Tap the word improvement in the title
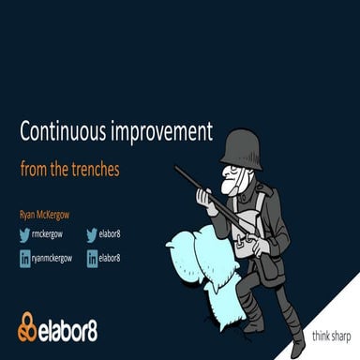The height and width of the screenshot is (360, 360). (x=165, y=131)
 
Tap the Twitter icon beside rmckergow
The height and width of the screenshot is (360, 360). (x=24, y=236)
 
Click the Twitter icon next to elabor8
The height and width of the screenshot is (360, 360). (x=92, y=236)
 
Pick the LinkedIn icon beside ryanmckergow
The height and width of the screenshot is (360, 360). (x=24, y=258)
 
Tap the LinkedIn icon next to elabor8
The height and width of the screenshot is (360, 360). (x=92, y=258)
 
